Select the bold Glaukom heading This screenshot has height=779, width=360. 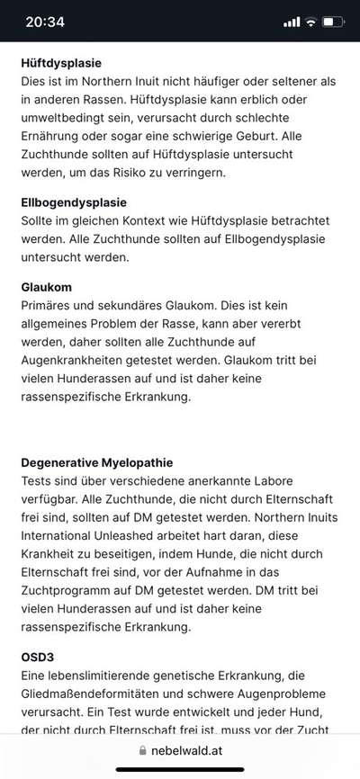pos(47,287)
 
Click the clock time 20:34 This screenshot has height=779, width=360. pos(45,22)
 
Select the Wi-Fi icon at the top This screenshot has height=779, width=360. pos(311,22)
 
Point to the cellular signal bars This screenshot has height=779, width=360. pos(292,22)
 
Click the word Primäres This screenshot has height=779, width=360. pos(49,307)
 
